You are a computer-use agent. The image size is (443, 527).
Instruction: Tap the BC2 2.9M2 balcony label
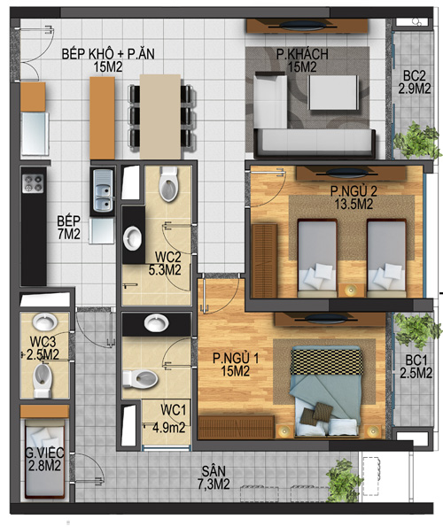pyautogui.click(x=415, y=82)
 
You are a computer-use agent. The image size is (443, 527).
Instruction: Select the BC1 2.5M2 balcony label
pyautogui.click(x=416, y=367)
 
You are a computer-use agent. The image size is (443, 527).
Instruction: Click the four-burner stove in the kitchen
pyautogui.click(x=33, y=183)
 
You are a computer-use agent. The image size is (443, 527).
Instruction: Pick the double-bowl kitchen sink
pyautogui.click(x=103, y=190)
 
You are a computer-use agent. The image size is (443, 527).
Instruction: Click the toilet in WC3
pyautogui.click(x=43, y=380)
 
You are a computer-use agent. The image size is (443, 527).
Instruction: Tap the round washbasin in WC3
pyautogui.click(x=44, y=322)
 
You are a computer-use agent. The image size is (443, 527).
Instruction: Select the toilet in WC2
pyautogui.click(x=168, y=184)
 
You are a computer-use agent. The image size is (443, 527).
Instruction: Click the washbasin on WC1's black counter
pyautogui.click(x=156, y=323)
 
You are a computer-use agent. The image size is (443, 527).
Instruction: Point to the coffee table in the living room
pyautogui.click(x=333, y=92)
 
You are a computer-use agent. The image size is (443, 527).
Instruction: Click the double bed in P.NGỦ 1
pyautogui.click(x=326, y=391)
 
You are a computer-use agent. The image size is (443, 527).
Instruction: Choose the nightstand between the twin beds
pyautogui.click(x=352, y=291)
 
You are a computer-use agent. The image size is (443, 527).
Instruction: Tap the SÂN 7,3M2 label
pyautogui.click(x=214, y=477)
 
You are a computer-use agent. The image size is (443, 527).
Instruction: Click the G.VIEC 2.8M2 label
pyautogui.click(x=44, y=460)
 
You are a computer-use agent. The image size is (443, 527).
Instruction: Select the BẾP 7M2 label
pyautogui.click(x=68, y=228)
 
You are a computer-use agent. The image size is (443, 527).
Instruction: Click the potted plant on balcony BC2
pyautogui.click(x=418, y=141)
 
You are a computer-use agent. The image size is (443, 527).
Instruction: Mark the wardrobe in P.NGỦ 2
pyautogui.click(x=265, y=260)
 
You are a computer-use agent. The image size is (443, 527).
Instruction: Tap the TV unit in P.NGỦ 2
pyautogui.click(x=351, y=174)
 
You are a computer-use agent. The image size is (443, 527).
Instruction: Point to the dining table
pyautogui.click(x=160, y=116)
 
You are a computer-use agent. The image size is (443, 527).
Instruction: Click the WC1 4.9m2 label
pyautogui.click(x=169, y=419)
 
